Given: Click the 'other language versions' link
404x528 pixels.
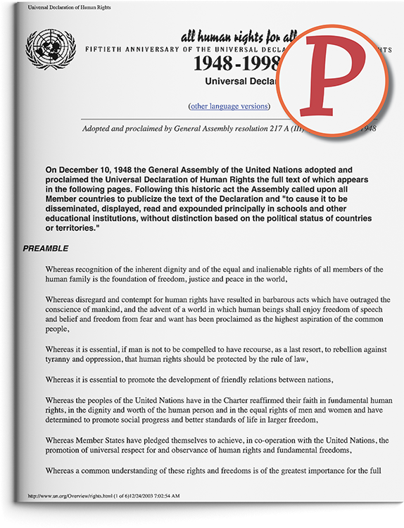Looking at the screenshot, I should pos(229,106).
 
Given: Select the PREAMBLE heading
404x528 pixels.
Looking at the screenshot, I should pos(46,249).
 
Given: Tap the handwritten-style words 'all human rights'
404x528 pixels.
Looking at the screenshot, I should pos(211,37).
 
